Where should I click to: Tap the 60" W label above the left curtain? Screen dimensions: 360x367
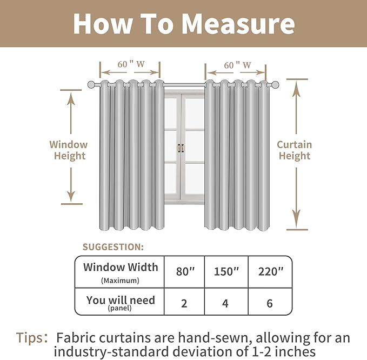coord(130,64)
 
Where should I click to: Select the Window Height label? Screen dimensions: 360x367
coord(69,150)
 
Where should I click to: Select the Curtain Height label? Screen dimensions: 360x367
coord(295,150)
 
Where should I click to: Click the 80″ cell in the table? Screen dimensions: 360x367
coord(184,271)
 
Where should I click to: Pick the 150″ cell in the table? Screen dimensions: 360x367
coord(225,271)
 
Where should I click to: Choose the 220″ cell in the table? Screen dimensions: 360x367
coord(270,271)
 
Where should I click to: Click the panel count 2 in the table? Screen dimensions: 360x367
coord(184,303)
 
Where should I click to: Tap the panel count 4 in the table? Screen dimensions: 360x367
coord(225,303)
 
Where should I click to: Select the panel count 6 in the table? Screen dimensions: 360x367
coord(270,303)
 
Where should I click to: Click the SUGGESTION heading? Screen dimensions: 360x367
coord(113,247)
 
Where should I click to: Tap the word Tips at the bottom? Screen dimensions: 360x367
coord(31,338)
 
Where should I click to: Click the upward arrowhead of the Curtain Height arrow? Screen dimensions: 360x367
coord(296,88)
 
